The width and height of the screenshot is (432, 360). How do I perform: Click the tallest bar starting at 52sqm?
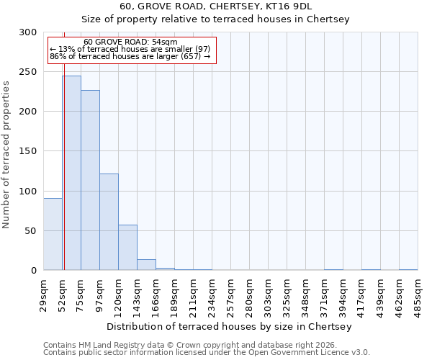pyautogui.click(x=71, y=173)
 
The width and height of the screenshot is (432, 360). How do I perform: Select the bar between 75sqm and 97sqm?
pyautogui.click(x=90, y=180)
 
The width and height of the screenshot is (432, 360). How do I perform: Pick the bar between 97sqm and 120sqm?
pyautogui.click(x=109, y=222)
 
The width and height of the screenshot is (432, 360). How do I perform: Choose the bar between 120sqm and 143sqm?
pyautogui.click(x=127, y=247)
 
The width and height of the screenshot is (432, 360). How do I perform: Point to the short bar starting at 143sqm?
pyautogui.click(x=146, y=264)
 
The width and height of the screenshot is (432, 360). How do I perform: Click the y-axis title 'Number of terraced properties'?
pyautogui.click(x=6, y=154)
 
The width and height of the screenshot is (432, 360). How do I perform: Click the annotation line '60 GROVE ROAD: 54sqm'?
pyautogui.click(x=130, y=42)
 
